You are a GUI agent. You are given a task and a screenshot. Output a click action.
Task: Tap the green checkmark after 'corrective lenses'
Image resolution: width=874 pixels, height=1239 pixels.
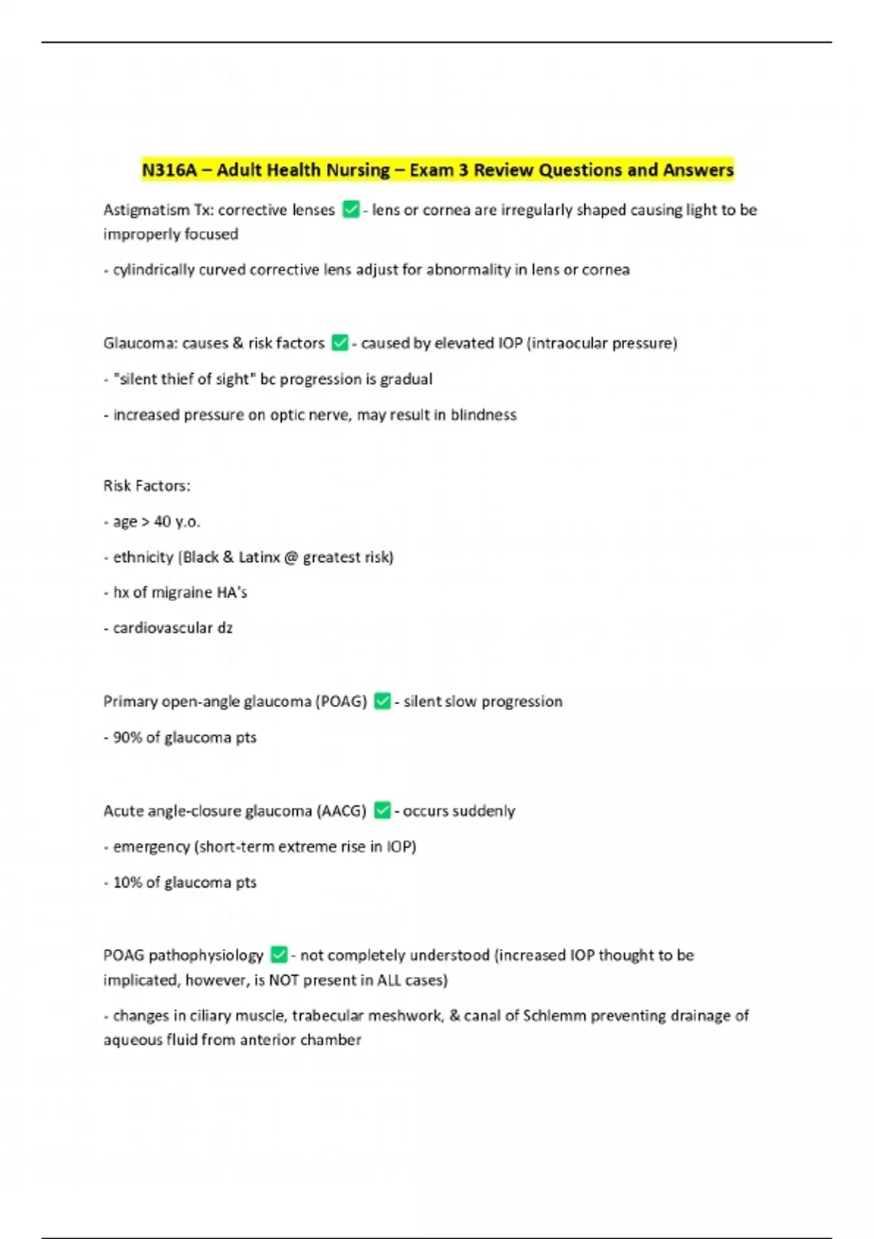coord(350,210)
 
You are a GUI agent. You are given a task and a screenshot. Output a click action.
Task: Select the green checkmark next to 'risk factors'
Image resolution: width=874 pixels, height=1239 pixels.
coord(339,343)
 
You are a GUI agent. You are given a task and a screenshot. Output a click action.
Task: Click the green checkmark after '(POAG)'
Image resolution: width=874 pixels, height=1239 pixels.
coord(382,701)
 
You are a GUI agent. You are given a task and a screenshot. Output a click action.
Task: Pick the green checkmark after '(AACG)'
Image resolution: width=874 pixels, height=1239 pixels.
coord(382,810)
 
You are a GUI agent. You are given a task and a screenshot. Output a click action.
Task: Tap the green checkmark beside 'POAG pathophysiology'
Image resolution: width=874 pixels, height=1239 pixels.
coord(279,955)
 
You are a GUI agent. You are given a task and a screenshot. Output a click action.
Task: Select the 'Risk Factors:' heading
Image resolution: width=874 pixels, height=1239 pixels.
coord(147,486)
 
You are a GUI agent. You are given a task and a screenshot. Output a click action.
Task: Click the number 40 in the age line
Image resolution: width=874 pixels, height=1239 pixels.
coord(162,522)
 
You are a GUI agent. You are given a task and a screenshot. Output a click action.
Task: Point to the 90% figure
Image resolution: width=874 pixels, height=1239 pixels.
coord(127,738)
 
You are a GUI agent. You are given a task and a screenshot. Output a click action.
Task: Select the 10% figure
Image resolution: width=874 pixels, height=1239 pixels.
coord(127,883)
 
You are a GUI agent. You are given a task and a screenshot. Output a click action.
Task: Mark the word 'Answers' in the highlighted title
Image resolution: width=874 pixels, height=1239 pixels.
coord(698,171)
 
